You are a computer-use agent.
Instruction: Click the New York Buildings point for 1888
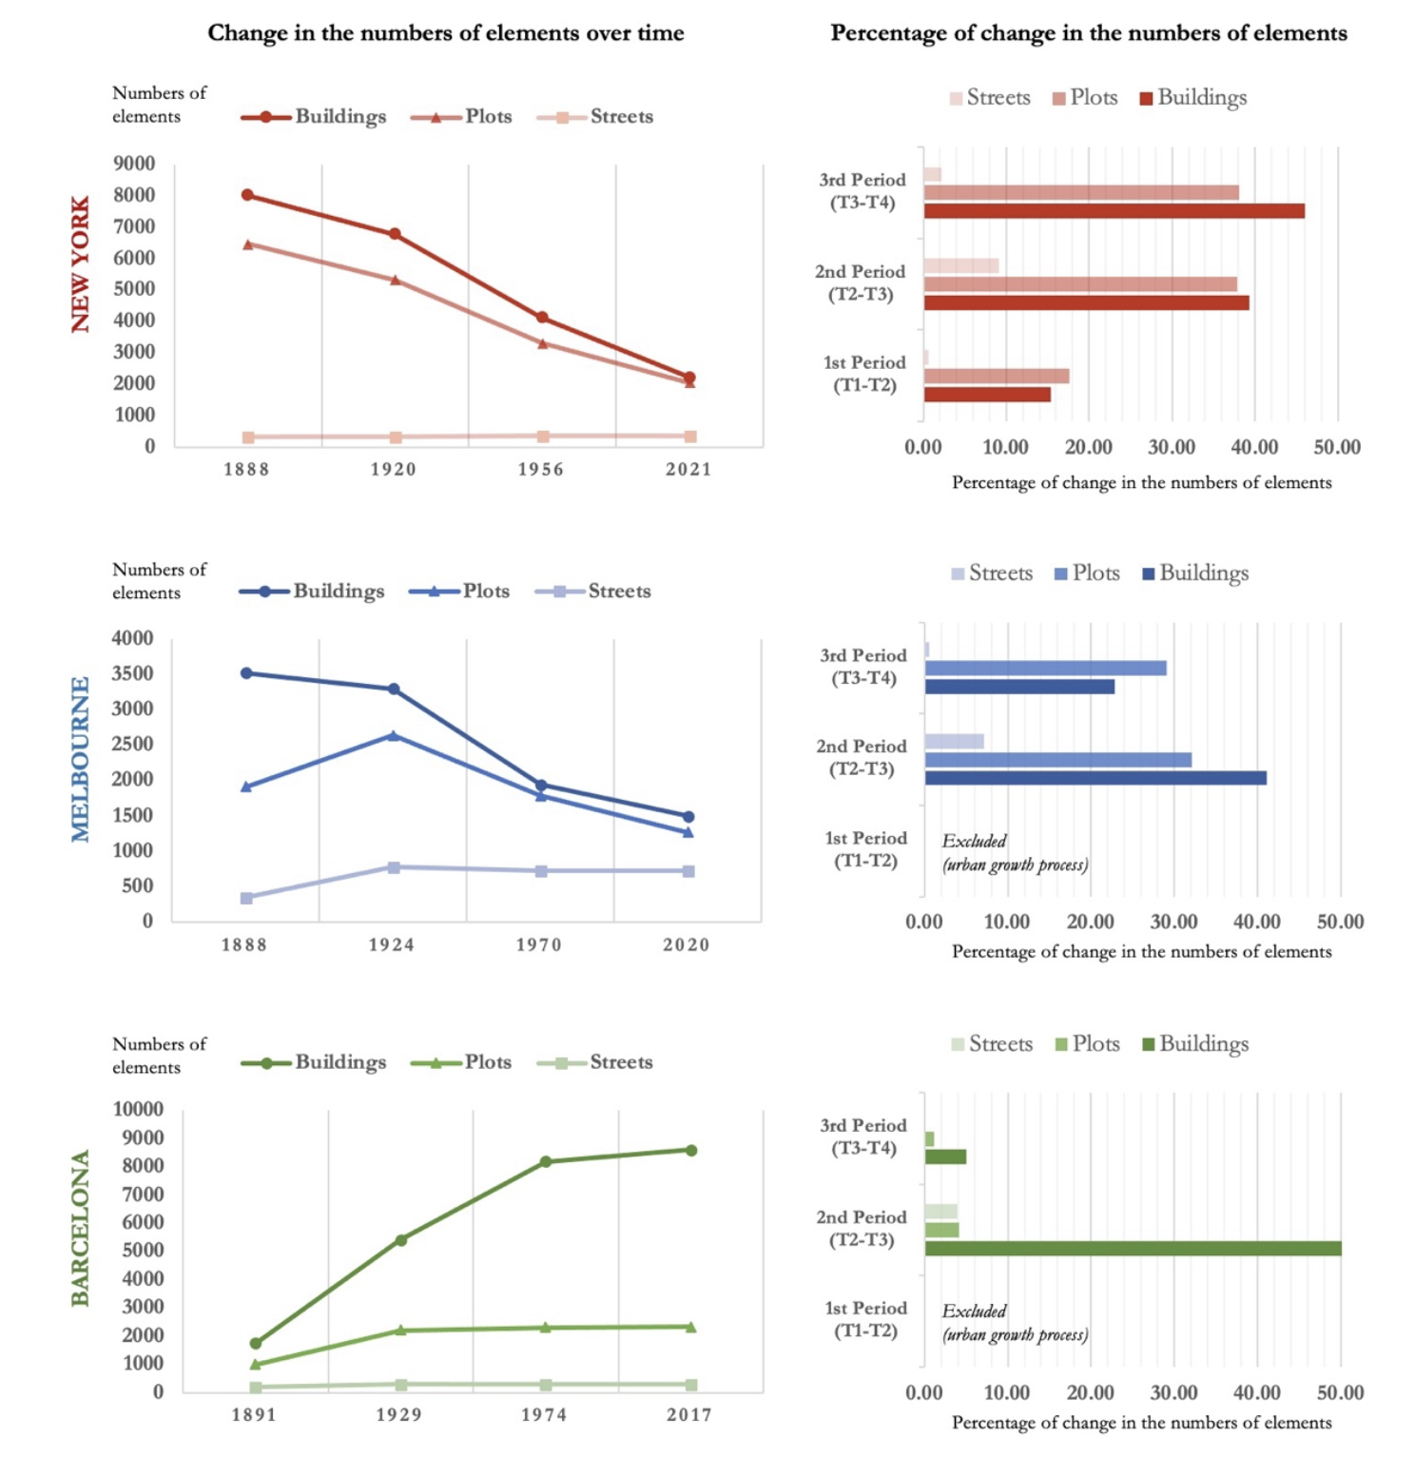(247, 195)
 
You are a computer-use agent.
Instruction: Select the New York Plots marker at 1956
(542, 343)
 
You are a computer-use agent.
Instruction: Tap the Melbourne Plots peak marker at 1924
(394, 735)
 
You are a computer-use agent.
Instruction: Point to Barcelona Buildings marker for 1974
(546, 1161)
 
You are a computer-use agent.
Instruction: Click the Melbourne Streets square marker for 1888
(246, 898)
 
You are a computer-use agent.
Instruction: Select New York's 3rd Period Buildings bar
(1114, 211)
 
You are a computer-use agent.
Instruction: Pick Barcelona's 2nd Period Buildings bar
(1133, 1249)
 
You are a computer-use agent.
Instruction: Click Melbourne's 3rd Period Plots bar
(1045, 669)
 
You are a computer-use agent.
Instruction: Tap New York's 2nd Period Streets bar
(960, 265)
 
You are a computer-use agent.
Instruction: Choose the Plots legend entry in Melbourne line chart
(461, 592)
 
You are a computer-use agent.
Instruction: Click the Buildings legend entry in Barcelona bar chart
(1195, 1044)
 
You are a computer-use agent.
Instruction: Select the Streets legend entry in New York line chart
(596, 117)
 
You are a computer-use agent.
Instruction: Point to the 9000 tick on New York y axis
(134, 164)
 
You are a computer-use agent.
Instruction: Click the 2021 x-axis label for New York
(688, 469)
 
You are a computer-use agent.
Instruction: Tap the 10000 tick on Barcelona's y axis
(138, 1109)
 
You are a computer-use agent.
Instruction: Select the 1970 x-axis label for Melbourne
(539, 944)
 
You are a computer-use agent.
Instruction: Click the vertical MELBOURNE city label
(80, 759)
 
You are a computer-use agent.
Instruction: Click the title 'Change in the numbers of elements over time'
(446, 33)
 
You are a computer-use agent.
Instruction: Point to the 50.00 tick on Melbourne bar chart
(1340, 922)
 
